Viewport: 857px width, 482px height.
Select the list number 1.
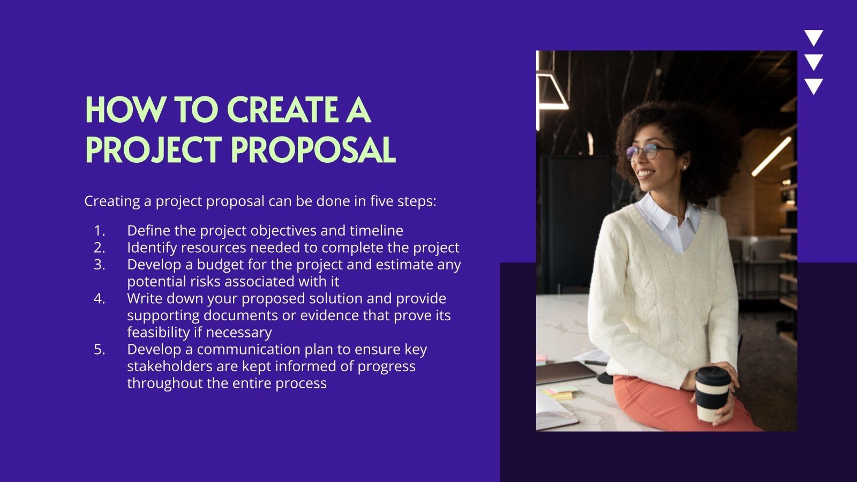pyautogui.click(x=100, y=231)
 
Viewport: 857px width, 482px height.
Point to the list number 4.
pyautogui.click(x=100, y=298)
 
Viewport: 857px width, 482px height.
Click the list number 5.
pyautogui.click(x=100, y=349)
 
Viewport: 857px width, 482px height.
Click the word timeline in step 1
pyautogui.click(x=377, y=231)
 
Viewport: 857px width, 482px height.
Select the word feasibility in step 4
pyautogui.click(x=159, y=333)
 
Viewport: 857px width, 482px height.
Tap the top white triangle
pyautogui.click(x=814, y=37)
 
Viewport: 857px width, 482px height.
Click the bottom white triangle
pyautogui.click(x=814, y=86)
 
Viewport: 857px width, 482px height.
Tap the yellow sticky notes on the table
pyautogui.click(x=560, y=395)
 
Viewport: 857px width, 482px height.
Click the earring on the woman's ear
pyautogui.click(x=684, y=167)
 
